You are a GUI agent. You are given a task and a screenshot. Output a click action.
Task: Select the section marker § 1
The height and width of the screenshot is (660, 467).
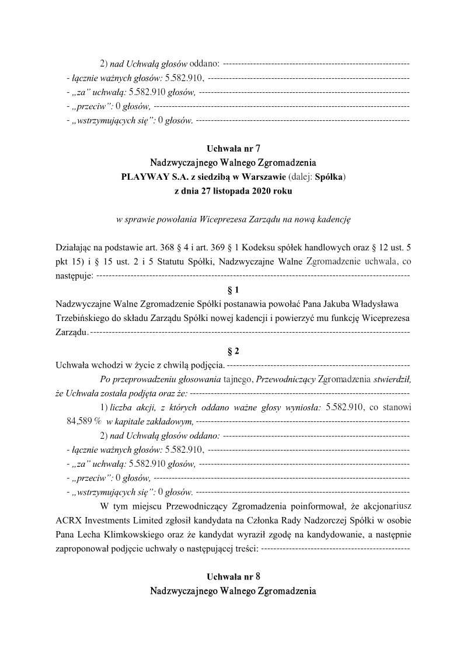pyautogui.click(x=233, y=289)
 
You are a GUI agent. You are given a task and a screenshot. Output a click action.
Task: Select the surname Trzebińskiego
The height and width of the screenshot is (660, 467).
pyautogui.click(x=85, y=318)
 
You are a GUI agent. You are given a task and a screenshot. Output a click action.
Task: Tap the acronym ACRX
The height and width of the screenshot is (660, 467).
pyautogui.click(x=68, y=520)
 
